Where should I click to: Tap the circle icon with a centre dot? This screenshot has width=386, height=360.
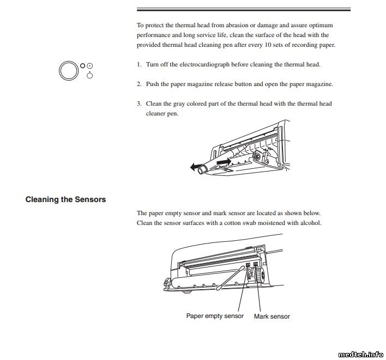(89, 65)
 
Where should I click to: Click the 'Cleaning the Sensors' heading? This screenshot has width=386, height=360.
(65, 199)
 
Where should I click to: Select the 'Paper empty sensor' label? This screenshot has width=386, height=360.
(215, 316)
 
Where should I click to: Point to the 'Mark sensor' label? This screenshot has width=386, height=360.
(272, 316)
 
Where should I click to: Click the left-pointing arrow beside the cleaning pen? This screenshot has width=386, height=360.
(196, 168)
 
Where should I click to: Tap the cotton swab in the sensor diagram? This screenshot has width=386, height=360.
(229, 277)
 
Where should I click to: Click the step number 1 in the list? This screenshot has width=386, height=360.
(139, 64)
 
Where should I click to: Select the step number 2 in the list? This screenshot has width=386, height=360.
(139, 84)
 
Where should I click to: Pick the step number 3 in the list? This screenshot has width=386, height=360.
(139, 103)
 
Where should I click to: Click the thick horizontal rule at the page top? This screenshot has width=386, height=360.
(243, 10)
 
